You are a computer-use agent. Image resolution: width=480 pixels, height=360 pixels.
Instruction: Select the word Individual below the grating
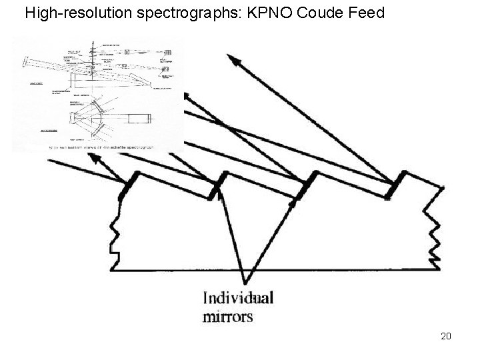coord(238,297)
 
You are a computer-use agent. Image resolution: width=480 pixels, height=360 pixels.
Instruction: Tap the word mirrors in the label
coord(228,315)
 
